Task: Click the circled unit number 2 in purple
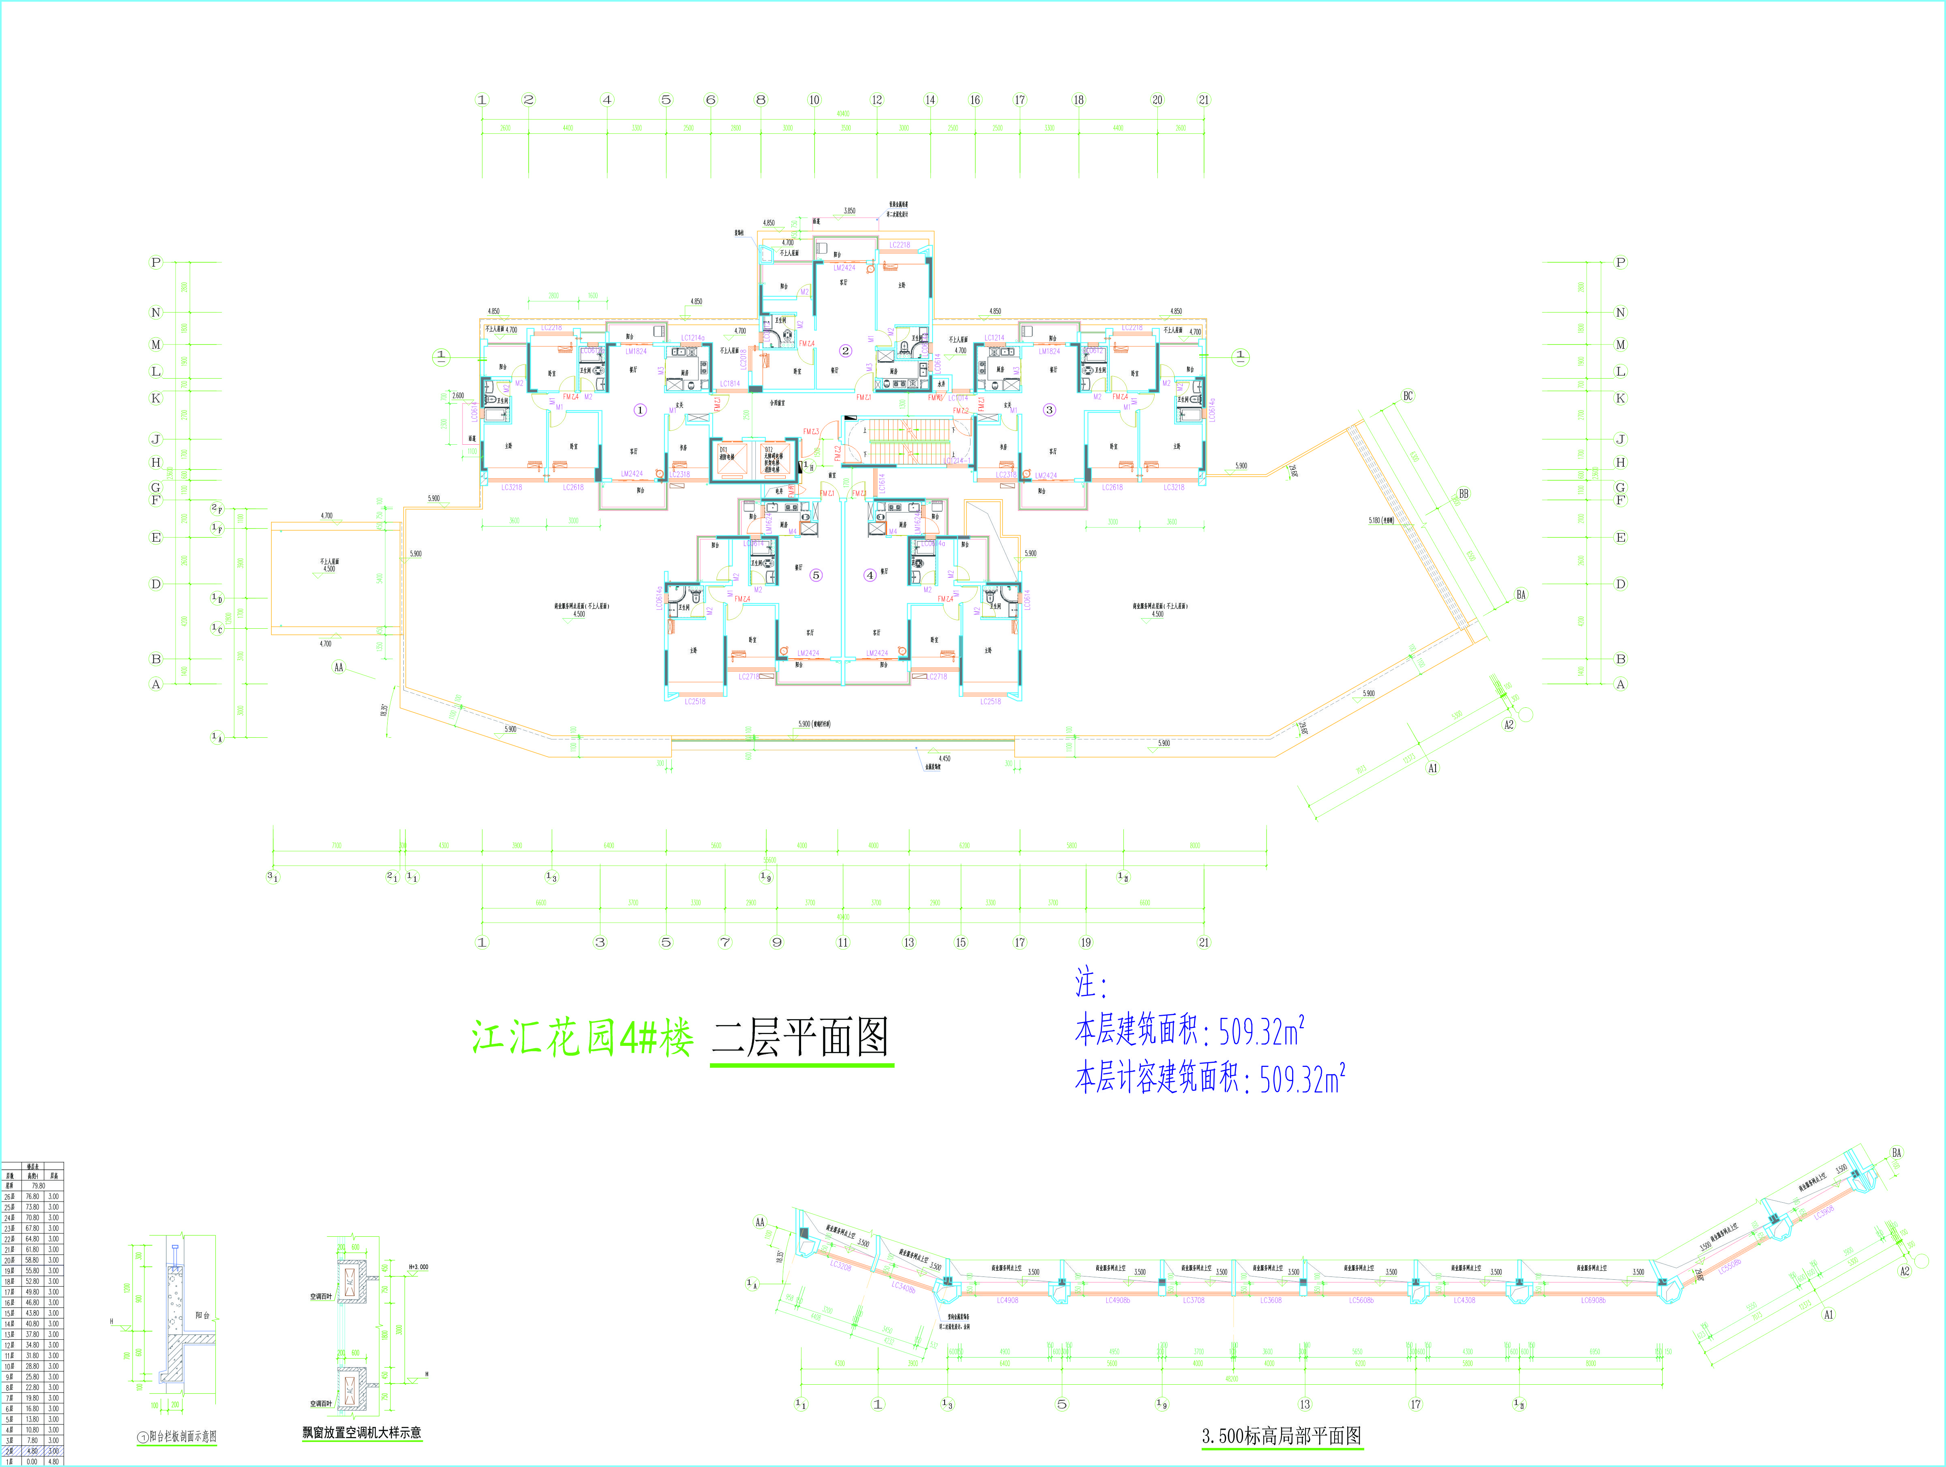pyautogui.click(x=845, y=351)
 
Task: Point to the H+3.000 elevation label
pyautogui.click(x=419, y=1267)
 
